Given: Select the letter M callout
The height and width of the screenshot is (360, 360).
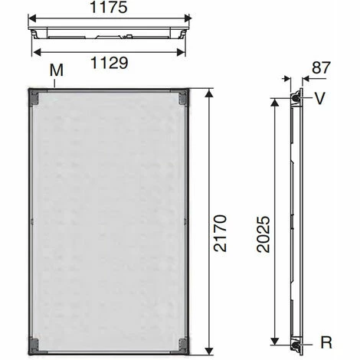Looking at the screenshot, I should (55, 70).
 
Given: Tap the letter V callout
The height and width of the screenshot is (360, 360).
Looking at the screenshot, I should (319, 98).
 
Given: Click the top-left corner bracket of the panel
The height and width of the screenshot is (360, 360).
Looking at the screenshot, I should (35, 97).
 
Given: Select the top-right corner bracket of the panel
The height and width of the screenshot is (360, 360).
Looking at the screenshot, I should (182, 97).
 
